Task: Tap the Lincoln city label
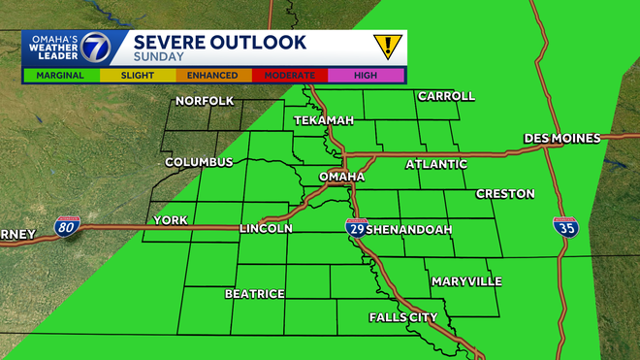[265, 228]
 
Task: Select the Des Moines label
[562, 139]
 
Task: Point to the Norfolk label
[204, 101]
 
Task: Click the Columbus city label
[199, 162]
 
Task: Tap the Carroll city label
[446, 96]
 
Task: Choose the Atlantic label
[435, 164]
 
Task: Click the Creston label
[504, 194]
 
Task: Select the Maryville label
[467, 281]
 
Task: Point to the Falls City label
[403, 317]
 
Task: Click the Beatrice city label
[254, 293]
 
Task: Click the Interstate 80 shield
[67, 227]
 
